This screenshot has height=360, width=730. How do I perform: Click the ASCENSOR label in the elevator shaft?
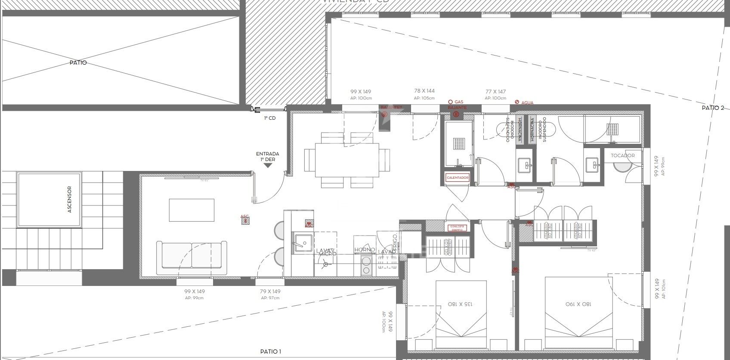point(69,200)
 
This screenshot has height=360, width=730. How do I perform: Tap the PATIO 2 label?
point(713,108)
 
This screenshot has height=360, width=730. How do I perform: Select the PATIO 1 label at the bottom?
point(271,352)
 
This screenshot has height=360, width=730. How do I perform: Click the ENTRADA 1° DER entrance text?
point(267,156)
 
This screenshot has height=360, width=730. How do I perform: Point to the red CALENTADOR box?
point(457,178)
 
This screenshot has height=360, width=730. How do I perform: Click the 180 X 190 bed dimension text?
point(578,304)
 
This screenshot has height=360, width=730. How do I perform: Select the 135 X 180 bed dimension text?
point(461,304)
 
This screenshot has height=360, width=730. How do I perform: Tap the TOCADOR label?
point(622,155)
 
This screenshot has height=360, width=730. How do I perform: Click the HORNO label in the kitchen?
point(364,250)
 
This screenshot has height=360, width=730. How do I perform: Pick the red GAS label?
point(458,102)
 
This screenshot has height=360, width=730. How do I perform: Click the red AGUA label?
point(527,103)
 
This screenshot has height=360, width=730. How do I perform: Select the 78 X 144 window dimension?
point(424,91)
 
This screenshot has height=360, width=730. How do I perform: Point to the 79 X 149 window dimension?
point(270,292)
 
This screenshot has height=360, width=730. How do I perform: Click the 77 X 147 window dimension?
point(495,91)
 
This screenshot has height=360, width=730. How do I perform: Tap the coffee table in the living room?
point(192,210)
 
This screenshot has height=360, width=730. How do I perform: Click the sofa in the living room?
point(192,258)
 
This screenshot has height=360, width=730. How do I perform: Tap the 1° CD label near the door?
point(269,118)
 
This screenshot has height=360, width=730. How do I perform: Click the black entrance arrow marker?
point(267,165)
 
